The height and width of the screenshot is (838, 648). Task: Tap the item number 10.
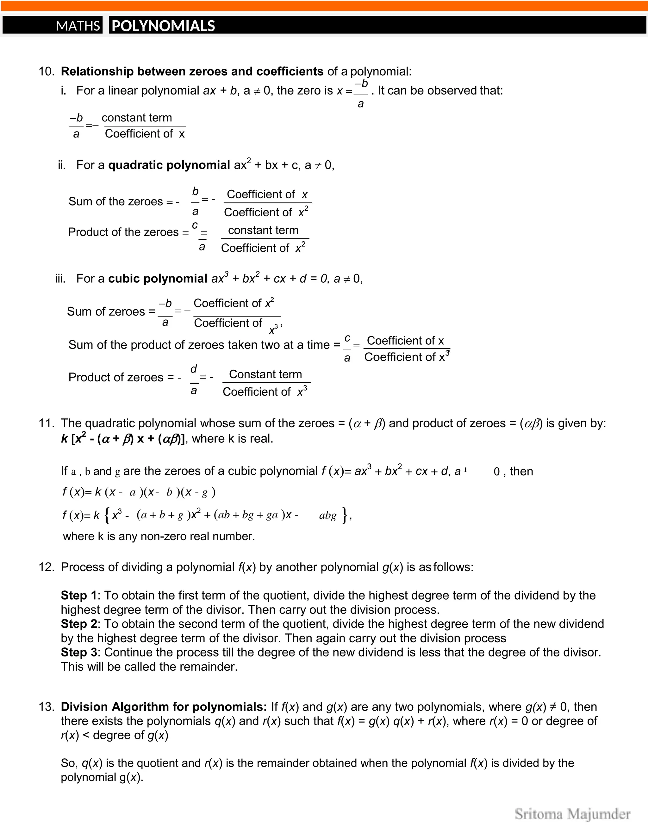[x=46, y=71]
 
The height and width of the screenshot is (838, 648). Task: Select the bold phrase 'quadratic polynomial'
[x=169, y=165]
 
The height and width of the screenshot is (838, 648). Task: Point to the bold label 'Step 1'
[x=79, y=595]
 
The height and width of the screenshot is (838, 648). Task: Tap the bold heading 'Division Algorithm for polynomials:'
[x=164, y=707]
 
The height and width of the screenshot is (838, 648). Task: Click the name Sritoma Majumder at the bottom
[x=572, y=814]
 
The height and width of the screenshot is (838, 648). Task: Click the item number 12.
[x=46, y=567]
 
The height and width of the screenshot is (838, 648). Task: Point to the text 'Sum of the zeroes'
[x=115, y=201]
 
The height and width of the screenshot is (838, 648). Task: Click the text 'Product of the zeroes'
[x=123, y=232]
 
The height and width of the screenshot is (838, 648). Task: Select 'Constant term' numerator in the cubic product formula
[x=265, y=374]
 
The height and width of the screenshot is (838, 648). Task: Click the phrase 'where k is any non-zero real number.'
[x=159, y=536]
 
